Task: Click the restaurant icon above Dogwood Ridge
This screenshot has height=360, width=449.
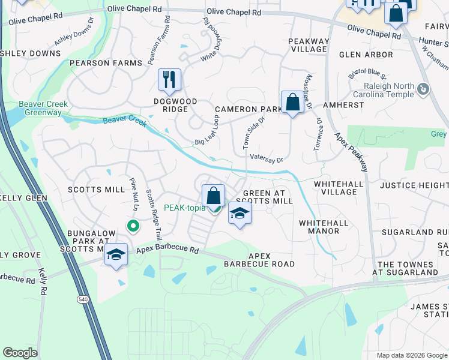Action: pyautogui.click(x=169, y=79)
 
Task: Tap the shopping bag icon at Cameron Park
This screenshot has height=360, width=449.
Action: pyautogui.click(x=292, y=102)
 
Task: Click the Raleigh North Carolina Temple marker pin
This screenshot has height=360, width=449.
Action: pyautogui.click(x=424, y=90)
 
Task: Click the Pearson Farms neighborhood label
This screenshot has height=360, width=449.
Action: pyautogui.click(x=106, y=63)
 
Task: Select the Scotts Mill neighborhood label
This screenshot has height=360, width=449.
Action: pyautogui.click(x=96, y=190)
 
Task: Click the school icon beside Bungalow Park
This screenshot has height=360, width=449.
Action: pyautogui.click(x=116, y=254)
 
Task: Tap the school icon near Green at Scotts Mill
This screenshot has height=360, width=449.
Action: pyautogui.click(x=240, y=214)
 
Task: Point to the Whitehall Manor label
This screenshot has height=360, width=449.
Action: pyautogui.click(x=324, y=227)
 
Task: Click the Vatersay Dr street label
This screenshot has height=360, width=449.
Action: pyautogui.click(x=266, y=158)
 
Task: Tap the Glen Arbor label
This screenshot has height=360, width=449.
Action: pyautogui.click(x=366, y=55)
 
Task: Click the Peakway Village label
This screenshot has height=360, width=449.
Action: pyautogui.click(x=309, y=46)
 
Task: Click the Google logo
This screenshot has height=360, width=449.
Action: pyautogui.click(x=20, y=353)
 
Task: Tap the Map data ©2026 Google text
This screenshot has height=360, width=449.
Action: pyautogui.click(x=412, y=355)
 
